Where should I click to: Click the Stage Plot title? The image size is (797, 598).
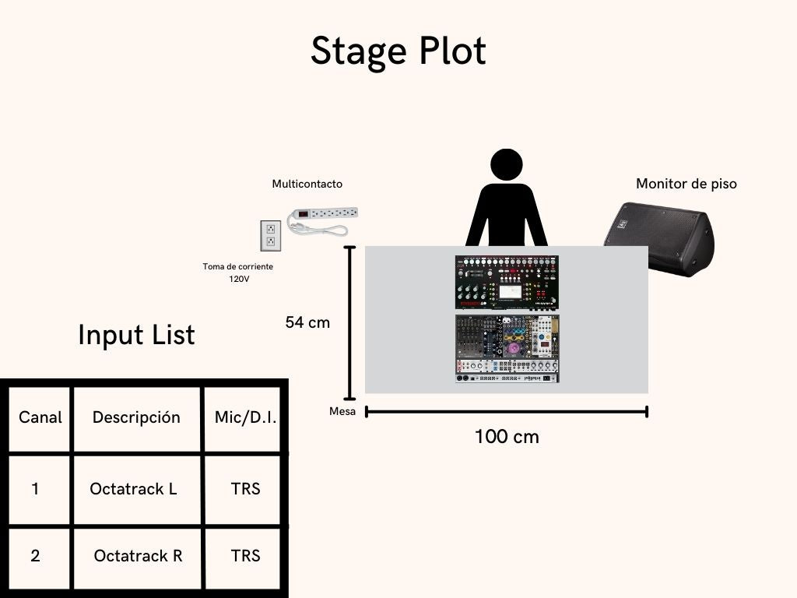(x=398, y=51)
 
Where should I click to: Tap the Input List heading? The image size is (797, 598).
(x=136, y=335)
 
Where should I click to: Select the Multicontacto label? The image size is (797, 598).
(x=307, y=185)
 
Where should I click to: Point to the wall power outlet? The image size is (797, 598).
(x=270, y=235)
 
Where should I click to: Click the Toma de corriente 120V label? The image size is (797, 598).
(x=238, y=273)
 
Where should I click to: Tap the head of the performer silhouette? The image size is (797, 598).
(x=506, y=165)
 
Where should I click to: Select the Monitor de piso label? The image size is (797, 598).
(x=686, y=185)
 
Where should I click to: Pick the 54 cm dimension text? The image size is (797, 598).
(x=307, y=322)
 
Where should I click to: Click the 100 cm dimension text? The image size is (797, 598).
(x=507, y=437)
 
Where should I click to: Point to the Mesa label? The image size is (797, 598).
(x=342, y=411)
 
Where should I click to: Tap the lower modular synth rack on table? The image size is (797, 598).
(x=507, y=349)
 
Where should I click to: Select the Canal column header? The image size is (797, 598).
(x=40, y=417)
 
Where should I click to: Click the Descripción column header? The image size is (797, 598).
(x=136, y=417)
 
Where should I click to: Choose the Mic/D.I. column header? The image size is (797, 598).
(x=245, y=417)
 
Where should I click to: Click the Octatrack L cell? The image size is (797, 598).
(x=133, y=489)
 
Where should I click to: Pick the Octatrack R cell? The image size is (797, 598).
(x=138, y=556)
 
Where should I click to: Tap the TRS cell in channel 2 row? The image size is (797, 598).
(x=245, y=556)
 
